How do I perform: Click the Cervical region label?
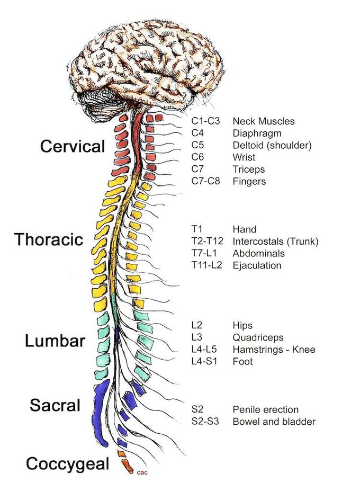pos(73,146)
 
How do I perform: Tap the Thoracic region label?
pos(49,239)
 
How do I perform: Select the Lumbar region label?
pos(55,341)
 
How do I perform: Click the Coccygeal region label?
pos(67,464)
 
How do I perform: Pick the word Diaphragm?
pos(257,133)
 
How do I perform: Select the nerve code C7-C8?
pos(206,182)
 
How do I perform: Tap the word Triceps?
pos(249,169)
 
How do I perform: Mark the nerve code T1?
pos(197,229)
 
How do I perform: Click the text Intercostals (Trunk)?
pos(275,242)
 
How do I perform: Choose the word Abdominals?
pos(258,254)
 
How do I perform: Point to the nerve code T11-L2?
pos(206,265)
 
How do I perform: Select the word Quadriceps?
pos(258,337)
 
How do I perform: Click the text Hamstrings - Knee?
pos(274,350)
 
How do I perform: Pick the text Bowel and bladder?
pos(274,422)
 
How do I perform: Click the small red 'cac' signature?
pos(141,472)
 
